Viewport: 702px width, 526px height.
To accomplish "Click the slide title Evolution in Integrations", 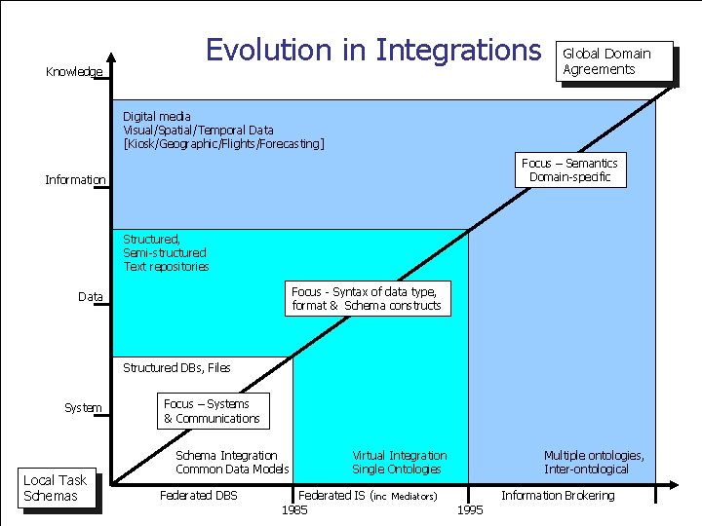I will [x=372, y=50].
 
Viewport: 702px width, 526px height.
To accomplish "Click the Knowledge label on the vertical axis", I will [x=73, y=72].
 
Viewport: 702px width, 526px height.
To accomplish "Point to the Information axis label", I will [x=75, y=180].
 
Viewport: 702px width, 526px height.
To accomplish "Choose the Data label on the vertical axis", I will [x=91, y=297].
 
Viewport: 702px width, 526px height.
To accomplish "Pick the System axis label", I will [x=83, y=408].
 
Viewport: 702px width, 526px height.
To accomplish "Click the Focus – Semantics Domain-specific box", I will [x=569, y=170].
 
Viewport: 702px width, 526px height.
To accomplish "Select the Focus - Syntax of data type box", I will [x=366, y=299].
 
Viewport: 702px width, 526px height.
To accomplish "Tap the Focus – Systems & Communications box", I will [x=212, y=411].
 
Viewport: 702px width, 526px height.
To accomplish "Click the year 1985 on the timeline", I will [x=294, y=510].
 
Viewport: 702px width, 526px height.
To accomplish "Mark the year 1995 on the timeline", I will [x=469, y=510].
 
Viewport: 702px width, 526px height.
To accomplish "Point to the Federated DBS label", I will [x=198, y=496].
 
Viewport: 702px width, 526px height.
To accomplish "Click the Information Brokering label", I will [x=558, y=496].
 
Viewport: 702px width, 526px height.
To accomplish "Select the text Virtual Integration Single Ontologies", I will [x=400, y=463].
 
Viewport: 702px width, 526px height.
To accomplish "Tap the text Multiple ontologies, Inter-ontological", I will [x=594, y=463].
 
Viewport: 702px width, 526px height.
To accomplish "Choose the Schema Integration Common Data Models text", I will [x=232, y=463].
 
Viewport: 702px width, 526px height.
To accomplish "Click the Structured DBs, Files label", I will [x=176, y=368].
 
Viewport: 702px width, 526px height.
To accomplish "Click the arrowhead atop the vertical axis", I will [x=112, y=57].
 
